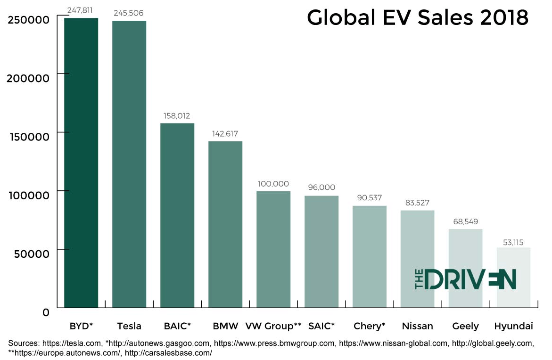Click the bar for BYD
81,163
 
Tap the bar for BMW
225,224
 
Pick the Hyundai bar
513,278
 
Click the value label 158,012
177,115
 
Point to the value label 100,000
273,184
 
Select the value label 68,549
465,221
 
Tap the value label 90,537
370,198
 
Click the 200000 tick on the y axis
29,78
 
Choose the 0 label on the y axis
45,312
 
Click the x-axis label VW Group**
273,326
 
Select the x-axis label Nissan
417,326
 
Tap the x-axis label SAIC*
321,326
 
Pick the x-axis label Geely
465,326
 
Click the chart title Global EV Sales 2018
418,18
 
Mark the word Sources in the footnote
24,344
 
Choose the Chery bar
370,257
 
